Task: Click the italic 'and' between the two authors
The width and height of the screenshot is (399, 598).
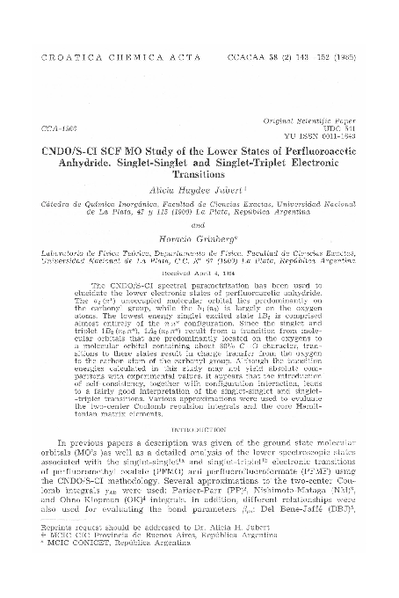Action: tap(198, 223)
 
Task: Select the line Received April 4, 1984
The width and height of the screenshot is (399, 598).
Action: tap(199, 273)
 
